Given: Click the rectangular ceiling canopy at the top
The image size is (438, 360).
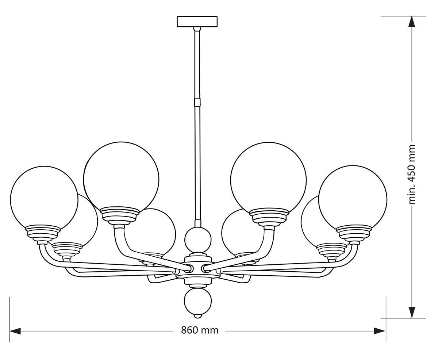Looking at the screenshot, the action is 197,22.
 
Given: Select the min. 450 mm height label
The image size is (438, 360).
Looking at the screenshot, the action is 412,175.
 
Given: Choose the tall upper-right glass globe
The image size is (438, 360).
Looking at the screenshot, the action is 268,179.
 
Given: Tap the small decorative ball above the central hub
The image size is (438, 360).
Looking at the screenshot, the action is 198,241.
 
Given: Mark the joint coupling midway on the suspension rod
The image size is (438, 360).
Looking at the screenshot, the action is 197,102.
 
